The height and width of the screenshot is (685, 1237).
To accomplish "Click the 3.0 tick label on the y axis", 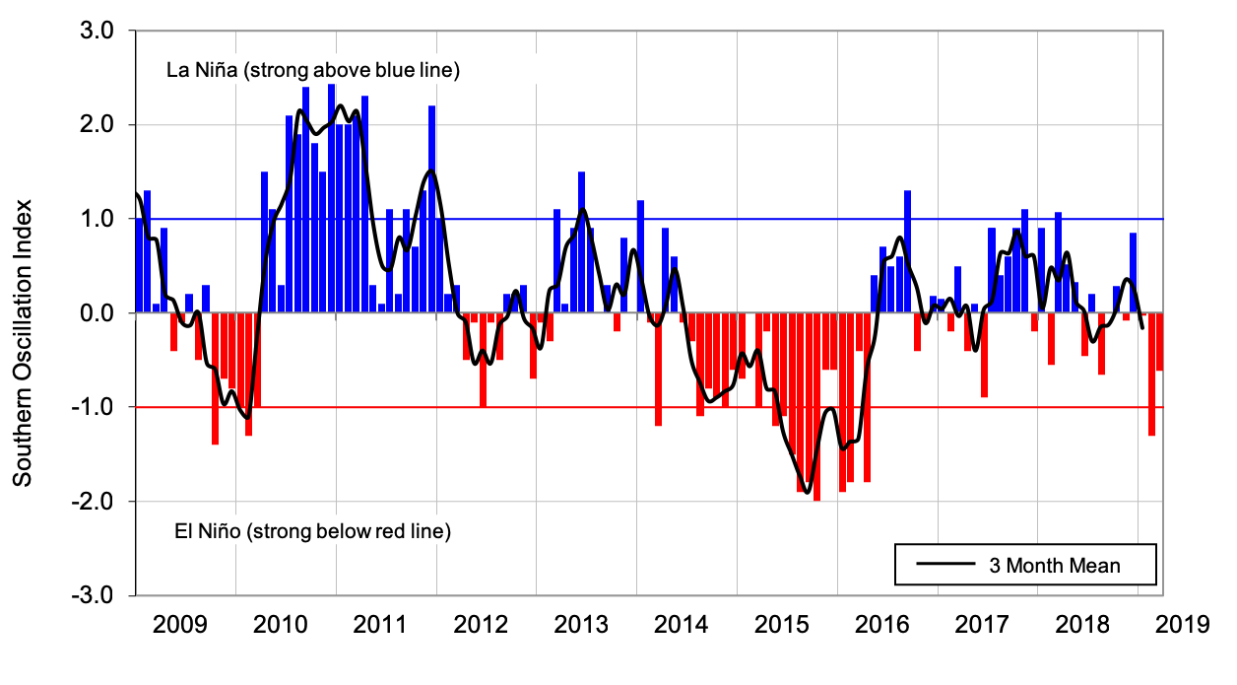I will coord(98,32).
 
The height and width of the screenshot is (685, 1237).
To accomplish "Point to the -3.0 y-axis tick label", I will coord(96,596).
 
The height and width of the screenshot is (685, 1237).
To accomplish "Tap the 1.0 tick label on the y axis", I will coord(98,219).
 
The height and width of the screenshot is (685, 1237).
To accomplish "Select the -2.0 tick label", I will coord(96,502).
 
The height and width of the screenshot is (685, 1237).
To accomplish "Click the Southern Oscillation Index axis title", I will coord(24,343).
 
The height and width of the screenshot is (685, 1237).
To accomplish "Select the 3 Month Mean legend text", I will coord(1055,566).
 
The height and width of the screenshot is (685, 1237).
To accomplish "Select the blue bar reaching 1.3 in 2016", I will coord(907,251).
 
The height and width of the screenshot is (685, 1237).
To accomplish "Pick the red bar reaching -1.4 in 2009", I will coord(215,378).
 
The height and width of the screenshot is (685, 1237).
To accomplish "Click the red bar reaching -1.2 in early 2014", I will coord(658,369).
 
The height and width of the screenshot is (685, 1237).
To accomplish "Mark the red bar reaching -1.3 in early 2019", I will coord(1151,374).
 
